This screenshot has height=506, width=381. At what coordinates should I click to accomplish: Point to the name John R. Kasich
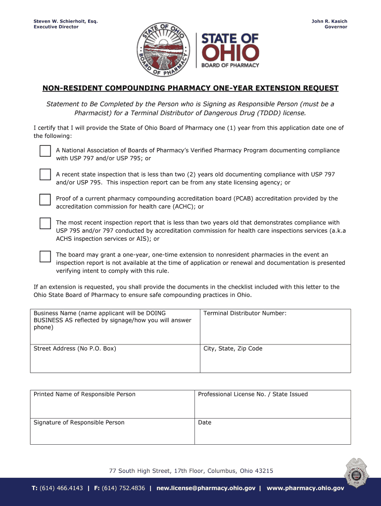(x=329, y=21)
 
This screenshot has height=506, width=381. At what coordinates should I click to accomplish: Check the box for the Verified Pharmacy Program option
(x=45, y=151)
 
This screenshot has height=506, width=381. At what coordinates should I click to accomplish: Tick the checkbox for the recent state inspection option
(x=45, y=174)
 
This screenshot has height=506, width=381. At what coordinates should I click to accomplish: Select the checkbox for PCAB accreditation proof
(x=45, y=199)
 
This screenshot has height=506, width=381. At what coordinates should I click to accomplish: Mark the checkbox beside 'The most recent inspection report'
(x=45, y=223)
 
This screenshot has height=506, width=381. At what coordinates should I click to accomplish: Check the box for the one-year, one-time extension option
(x=45, y=256)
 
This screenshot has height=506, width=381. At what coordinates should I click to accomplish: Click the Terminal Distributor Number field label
(x=245, y=313)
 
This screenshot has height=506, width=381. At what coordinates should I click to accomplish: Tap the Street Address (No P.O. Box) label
(x=75, y=349)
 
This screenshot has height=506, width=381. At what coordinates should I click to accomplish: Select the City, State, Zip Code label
(x=233, y=349)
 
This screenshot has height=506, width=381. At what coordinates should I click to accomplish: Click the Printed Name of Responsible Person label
(x=84, y=394)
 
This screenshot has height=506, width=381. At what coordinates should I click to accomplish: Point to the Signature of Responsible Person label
(x=79, y=422)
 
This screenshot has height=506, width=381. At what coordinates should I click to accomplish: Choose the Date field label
(x=204, y=422)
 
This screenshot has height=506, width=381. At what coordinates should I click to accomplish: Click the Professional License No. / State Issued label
(x=252, y=394)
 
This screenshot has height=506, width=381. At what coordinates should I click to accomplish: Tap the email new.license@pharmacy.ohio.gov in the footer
(x=205, y=488)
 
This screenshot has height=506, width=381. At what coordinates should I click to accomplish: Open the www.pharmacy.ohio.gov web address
(x=305, y=488)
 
